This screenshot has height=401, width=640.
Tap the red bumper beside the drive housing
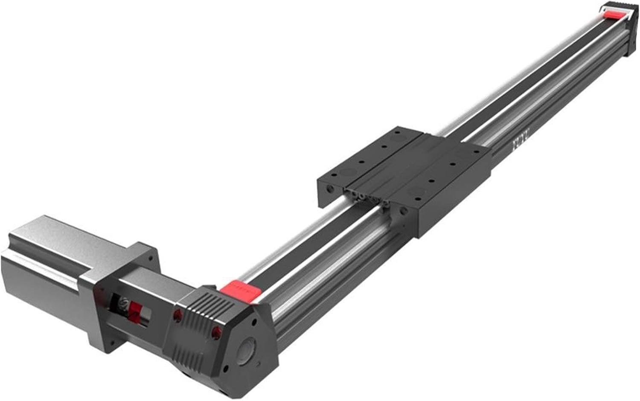click(240, 288)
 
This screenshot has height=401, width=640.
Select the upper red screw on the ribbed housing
click(176, 316)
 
